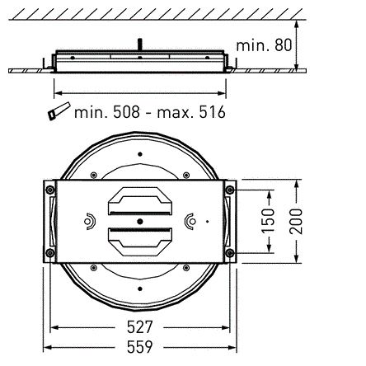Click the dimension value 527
138,326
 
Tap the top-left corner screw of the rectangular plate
52,189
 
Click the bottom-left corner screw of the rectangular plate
52,252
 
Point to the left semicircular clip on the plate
88,220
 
